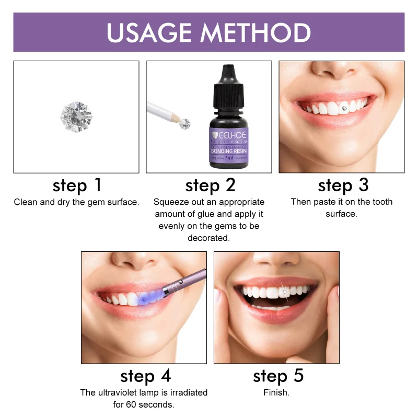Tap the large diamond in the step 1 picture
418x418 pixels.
coord(76,116)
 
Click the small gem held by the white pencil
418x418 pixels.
coord(185,124)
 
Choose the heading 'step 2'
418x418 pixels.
coord(210,185)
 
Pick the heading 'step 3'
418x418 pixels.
coord(343,185)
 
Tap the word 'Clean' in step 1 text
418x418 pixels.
coord(25,202)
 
